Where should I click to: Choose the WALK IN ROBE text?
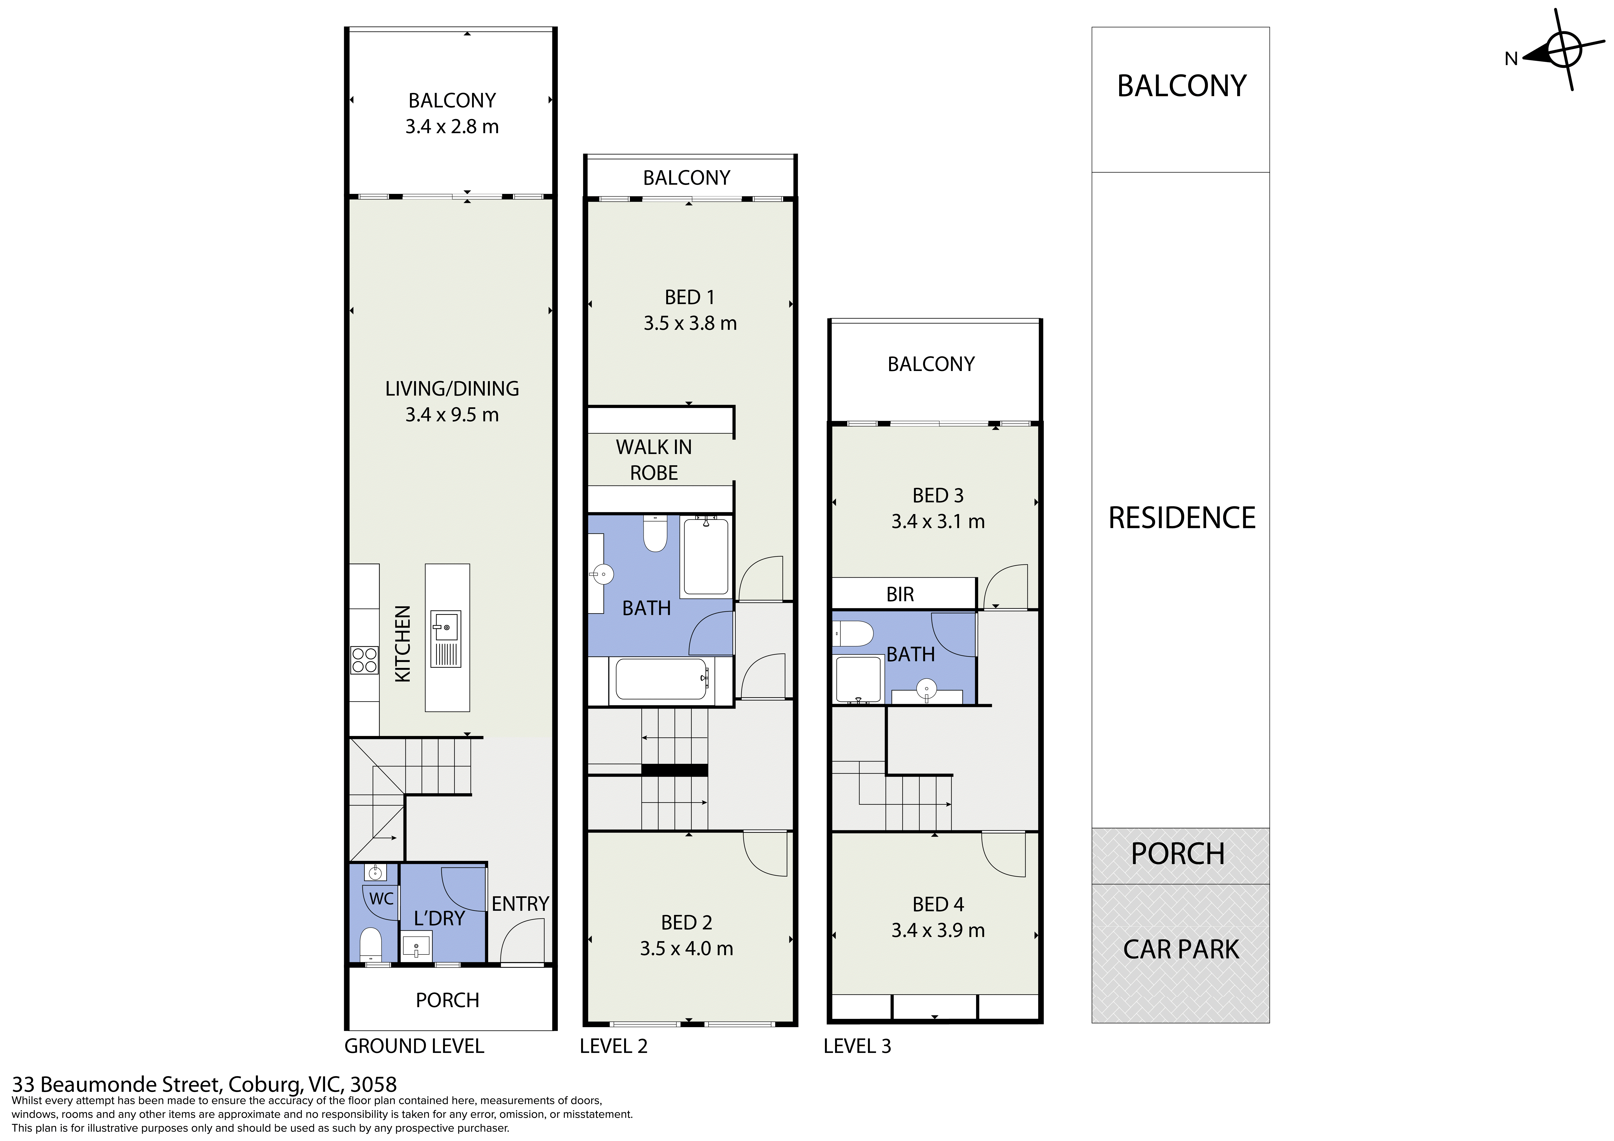click(x=654, y=460)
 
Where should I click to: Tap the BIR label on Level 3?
click(x=900, y=595)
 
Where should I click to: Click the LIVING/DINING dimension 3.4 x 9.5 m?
click(x=452, y=415)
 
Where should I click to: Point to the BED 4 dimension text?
click(x=938, y=930)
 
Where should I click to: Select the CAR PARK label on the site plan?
click(x=1181, y=950)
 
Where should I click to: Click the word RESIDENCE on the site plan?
click(x=1182, y=518)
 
